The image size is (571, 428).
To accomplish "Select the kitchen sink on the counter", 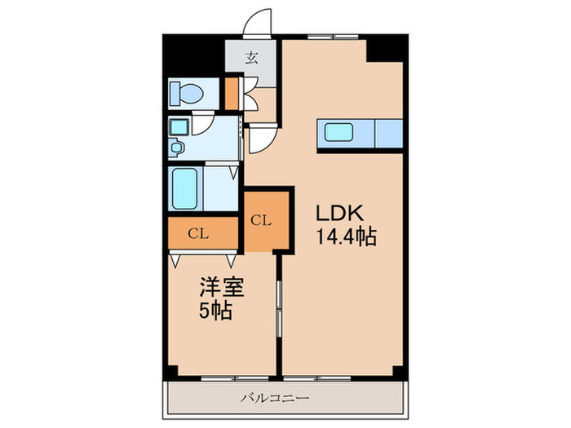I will click(x=339, y=131).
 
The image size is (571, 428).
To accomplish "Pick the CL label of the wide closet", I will click(x=198, y=234).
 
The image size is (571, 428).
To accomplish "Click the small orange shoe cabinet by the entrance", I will click(x=232, y=92).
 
